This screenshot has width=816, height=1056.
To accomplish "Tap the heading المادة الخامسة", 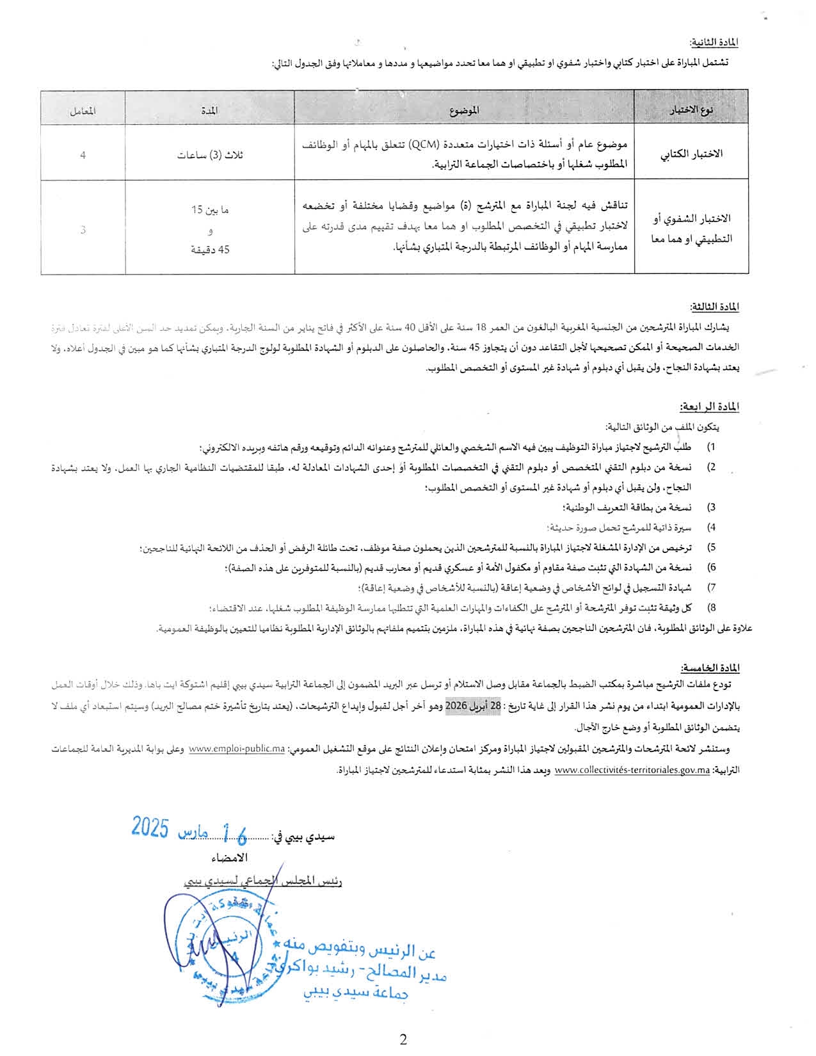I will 710,668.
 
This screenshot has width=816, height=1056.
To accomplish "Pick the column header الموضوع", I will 464,110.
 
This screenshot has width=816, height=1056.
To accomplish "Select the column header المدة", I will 209,110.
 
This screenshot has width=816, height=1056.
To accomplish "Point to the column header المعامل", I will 83,110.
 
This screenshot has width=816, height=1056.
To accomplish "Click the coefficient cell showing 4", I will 83,154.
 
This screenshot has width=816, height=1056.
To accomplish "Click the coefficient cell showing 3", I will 83,230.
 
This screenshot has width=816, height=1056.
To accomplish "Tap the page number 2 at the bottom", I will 403,1040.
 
